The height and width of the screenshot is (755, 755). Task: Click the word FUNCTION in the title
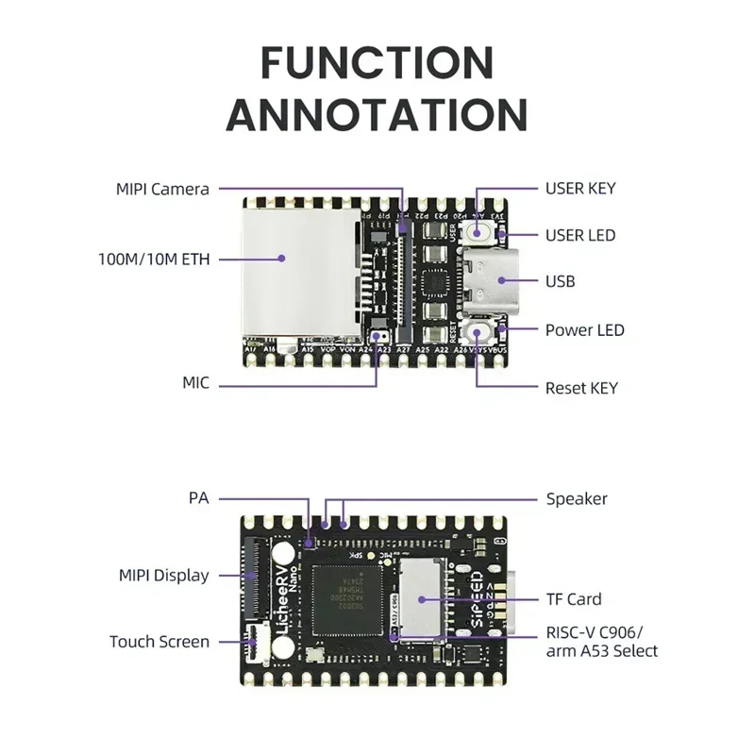[x=377, y=63]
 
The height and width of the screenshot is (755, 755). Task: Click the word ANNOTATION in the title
[x=377, y=115]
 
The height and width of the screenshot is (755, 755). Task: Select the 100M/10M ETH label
[x=154, y=258]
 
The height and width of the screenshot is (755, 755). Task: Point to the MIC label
[x=195, y=384]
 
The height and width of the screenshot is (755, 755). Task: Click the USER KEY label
[x=579, y=188]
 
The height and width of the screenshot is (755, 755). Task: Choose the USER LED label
[x=579, y=235]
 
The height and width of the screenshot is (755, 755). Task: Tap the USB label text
[x=560, y=281]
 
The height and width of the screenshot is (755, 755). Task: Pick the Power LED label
[x=584, y=330]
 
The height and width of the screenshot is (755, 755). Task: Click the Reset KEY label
[x=581, y=388]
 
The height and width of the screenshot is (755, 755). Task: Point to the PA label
[x=198, y=497]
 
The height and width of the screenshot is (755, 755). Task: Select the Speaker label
[x=577, y=498]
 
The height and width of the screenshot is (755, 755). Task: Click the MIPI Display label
[x=163, y=575]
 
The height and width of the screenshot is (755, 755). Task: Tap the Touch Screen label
[x=159, y=642]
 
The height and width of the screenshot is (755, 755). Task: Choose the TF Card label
[x=573, y=598]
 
